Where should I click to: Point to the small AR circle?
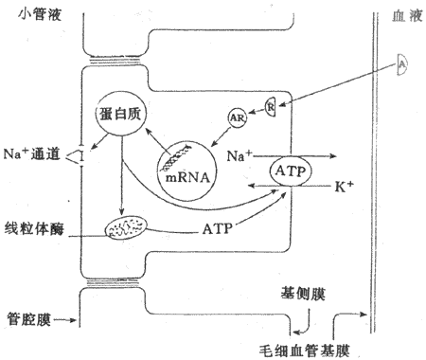pyautogui.click(x=237, y=117)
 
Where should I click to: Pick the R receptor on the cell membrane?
pyautogui.click(x=270, y=105)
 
